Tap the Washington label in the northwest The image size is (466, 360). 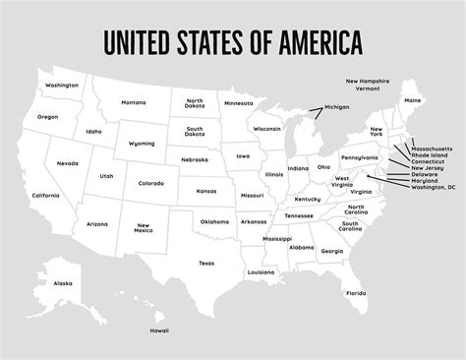[61, 86]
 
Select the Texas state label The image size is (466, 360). [205, 263]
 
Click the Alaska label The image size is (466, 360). [63, 283]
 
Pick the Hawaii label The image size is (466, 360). [158, 330]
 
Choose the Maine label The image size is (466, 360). [413, 100]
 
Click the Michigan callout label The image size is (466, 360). [337, 106]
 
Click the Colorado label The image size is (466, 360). [150, 183]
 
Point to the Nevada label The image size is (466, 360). [68, 163]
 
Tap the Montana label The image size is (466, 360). [134, 102]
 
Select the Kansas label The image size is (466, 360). [206, 191]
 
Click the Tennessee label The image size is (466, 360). [299, 215]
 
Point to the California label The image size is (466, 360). [45, 196]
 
